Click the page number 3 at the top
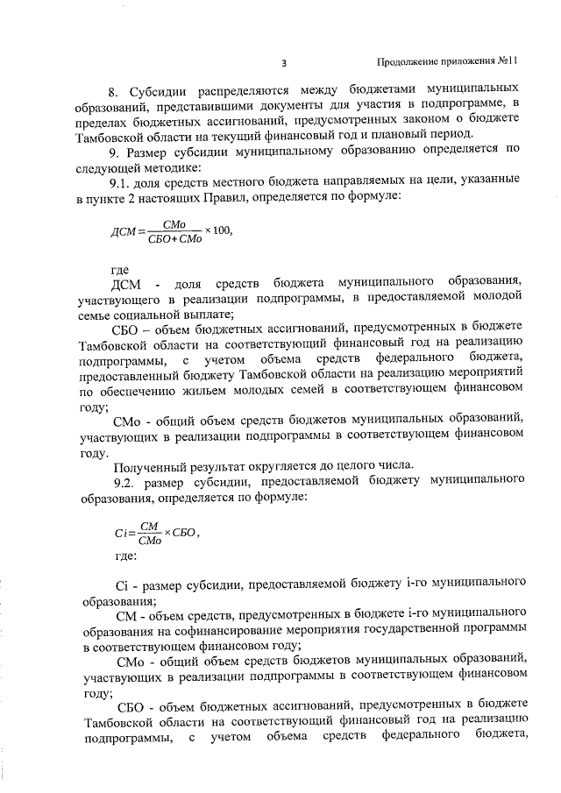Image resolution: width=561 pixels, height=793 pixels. pos(286,63)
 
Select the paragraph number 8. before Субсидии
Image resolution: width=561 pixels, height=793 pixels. pos(113,91)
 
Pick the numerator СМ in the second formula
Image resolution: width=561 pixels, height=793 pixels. pos(148,524)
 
